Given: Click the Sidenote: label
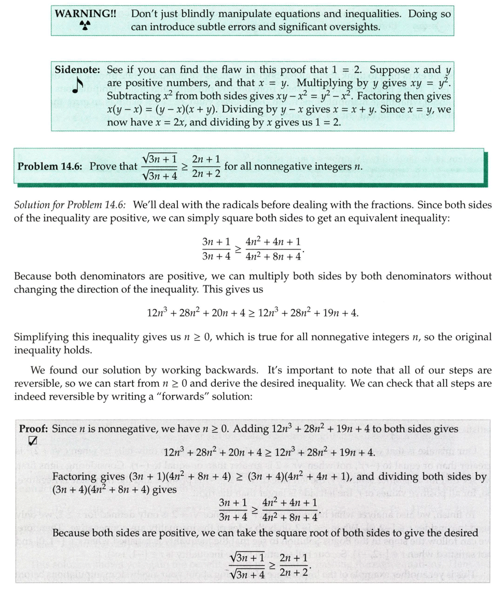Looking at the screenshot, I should [x=78, y=70].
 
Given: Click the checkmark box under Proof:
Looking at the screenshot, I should [x=33, y=441].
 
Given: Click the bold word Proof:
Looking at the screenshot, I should [x=34, y=429].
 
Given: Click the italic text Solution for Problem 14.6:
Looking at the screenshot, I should [x=71, y=205].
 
